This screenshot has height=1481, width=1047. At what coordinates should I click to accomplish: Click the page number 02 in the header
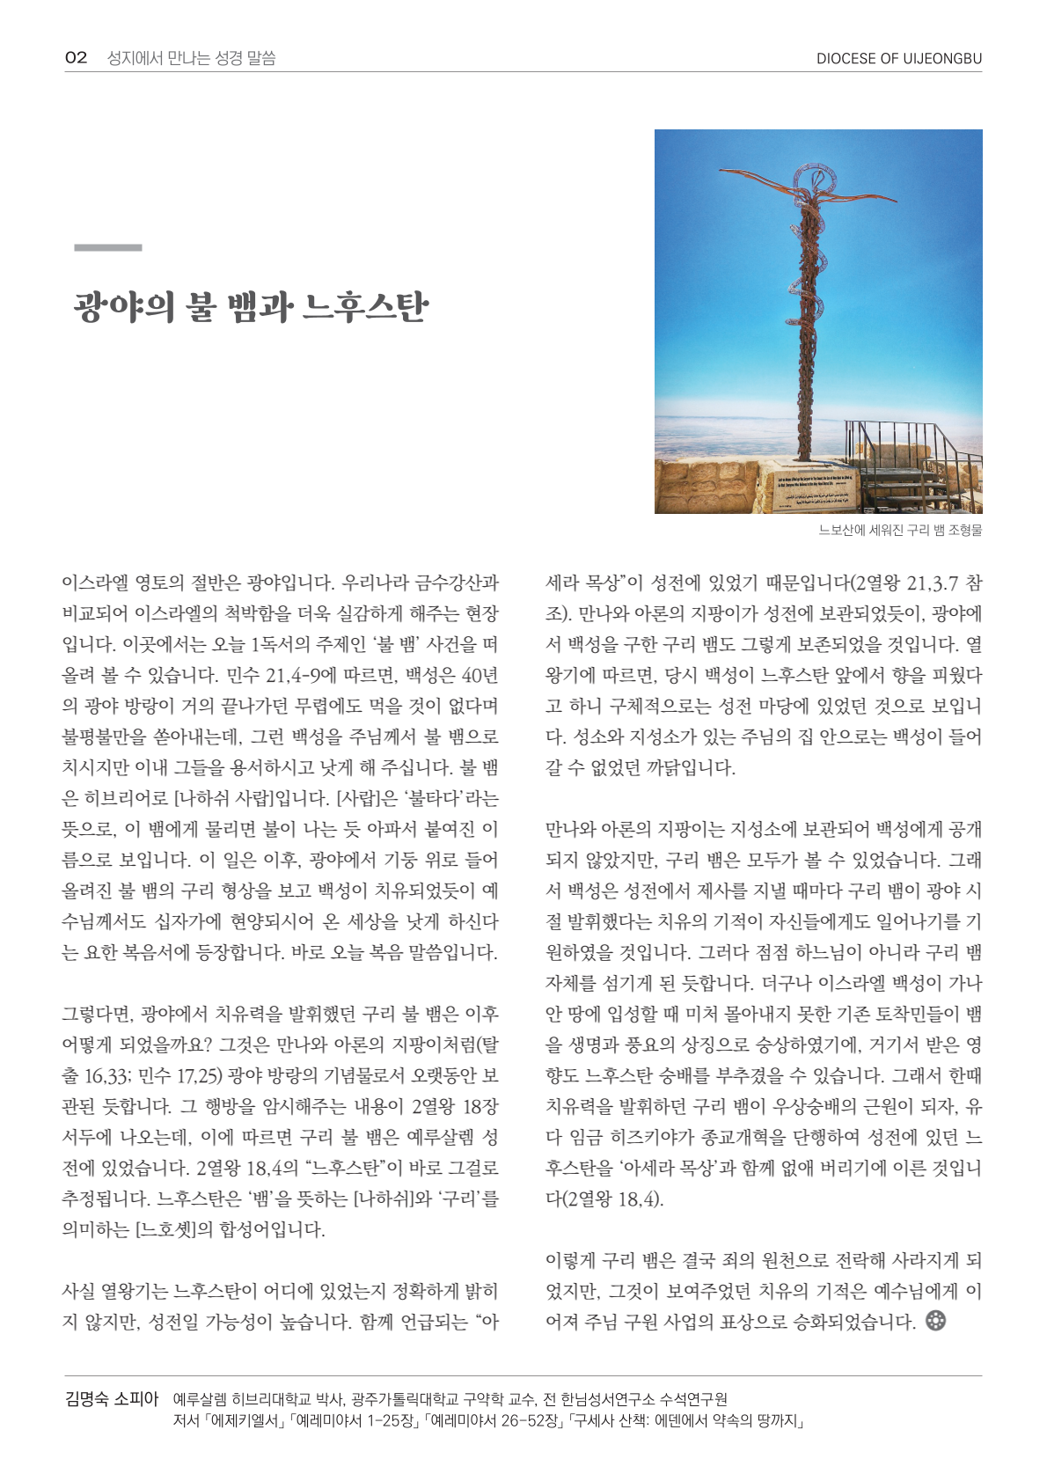[76, 58]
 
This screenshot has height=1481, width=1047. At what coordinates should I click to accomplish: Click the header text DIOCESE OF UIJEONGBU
[898, 59]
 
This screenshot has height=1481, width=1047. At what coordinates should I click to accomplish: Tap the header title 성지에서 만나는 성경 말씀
[191, 58]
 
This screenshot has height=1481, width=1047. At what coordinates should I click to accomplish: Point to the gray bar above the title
[107, 248]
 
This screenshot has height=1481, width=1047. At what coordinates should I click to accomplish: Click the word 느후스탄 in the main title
[365, 307]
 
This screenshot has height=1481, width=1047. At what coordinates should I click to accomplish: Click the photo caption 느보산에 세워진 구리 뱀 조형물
[900, 530]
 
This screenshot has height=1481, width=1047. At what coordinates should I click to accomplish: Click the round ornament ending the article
[936, 1320]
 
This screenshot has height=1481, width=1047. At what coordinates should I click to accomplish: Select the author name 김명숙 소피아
[111, 1398]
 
